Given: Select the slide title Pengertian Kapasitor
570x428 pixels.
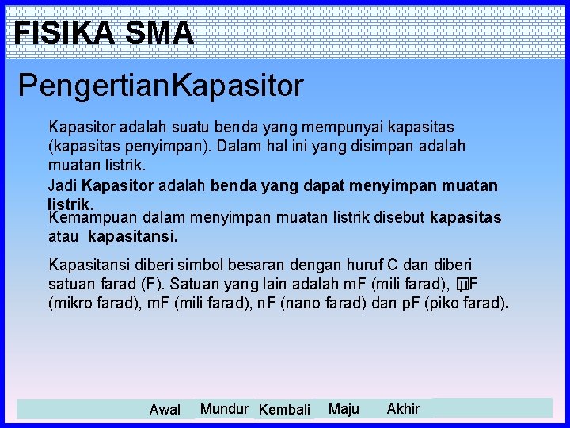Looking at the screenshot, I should coord(161,86).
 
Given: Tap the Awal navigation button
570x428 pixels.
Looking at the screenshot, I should coord(165,410).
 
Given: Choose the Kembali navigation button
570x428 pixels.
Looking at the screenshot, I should coord(284,410).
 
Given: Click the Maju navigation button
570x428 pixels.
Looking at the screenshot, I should coord(344,409).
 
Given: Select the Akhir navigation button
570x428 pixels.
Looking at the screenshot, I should coord(403,409).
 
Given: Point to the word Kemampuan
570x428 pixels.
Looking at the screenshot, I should coord(87,218).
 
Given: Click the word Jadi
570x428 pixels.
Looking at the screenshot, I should coord(63,186).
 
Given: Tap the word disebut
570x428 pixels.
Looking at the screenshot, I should coord(401,218).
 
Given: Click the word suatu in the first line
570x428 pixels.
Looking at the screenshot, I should coord(179,127).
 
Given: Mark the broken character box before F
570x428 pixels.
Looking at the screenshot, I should coord(462,285).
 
